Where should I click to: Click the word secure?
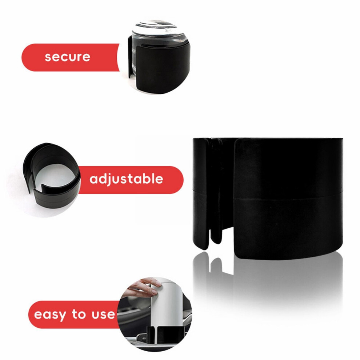pyautogui.click(x=68, y=57)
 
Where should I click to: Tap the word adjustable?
pyautogui.click(x=126, y=179)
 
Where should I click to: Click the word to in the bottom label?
pyautogui.click(x=79, y=313)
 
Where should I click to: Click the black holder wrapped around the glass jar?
pyautogui.click(x=161, y=67)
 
